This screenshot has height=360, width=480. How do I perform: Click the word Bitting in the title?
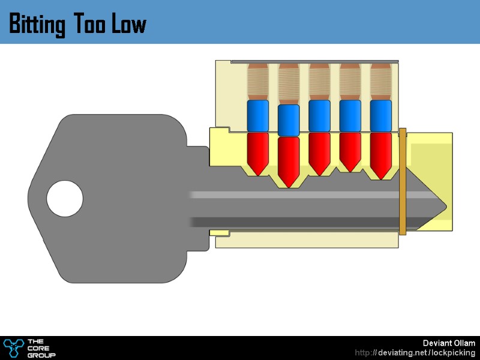[38, 25]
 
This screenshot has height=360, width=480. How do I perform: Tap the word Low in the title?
[128, 25]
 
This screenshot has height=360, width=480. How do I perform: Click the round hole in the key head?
[65, 199]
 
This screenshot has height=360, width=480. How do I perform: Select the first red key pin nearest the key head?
[258, 151]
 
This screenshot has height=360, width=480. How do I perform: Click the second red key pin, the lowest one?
[289, 159]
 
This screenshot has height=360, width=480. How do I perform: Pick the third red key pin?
[319, 151]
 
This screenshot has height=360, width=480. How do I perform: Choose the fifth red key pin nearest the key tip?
[380, 153]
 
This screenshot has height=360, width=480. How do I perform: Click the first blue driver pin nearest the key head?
[258, 115]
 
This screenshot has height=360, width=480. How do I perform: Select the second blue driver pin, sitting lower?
[289, 120]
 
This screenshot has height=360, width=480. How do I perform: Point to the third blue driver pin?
[319, 115]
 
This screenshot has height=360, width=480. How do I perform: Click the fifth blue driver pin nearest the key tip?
[380, 115]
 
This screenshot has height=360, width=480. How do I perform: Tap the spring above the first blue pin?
[258, 82]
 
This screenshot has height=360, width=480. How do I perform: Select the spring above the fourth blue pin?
[350, 82]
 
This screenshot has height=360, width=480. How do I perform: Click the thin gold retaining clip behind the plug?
[403, 180]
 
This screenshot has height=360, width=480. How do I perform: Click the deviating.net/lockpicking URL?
[415, 353]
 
